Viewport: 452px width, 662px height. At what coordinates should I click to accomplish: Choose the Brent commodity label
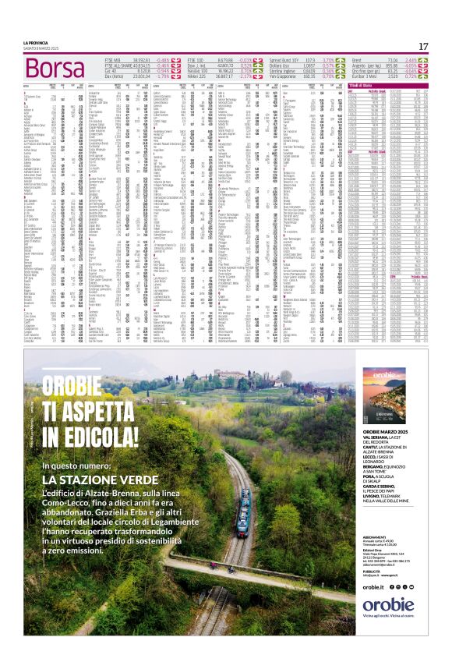coord(358,59)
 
